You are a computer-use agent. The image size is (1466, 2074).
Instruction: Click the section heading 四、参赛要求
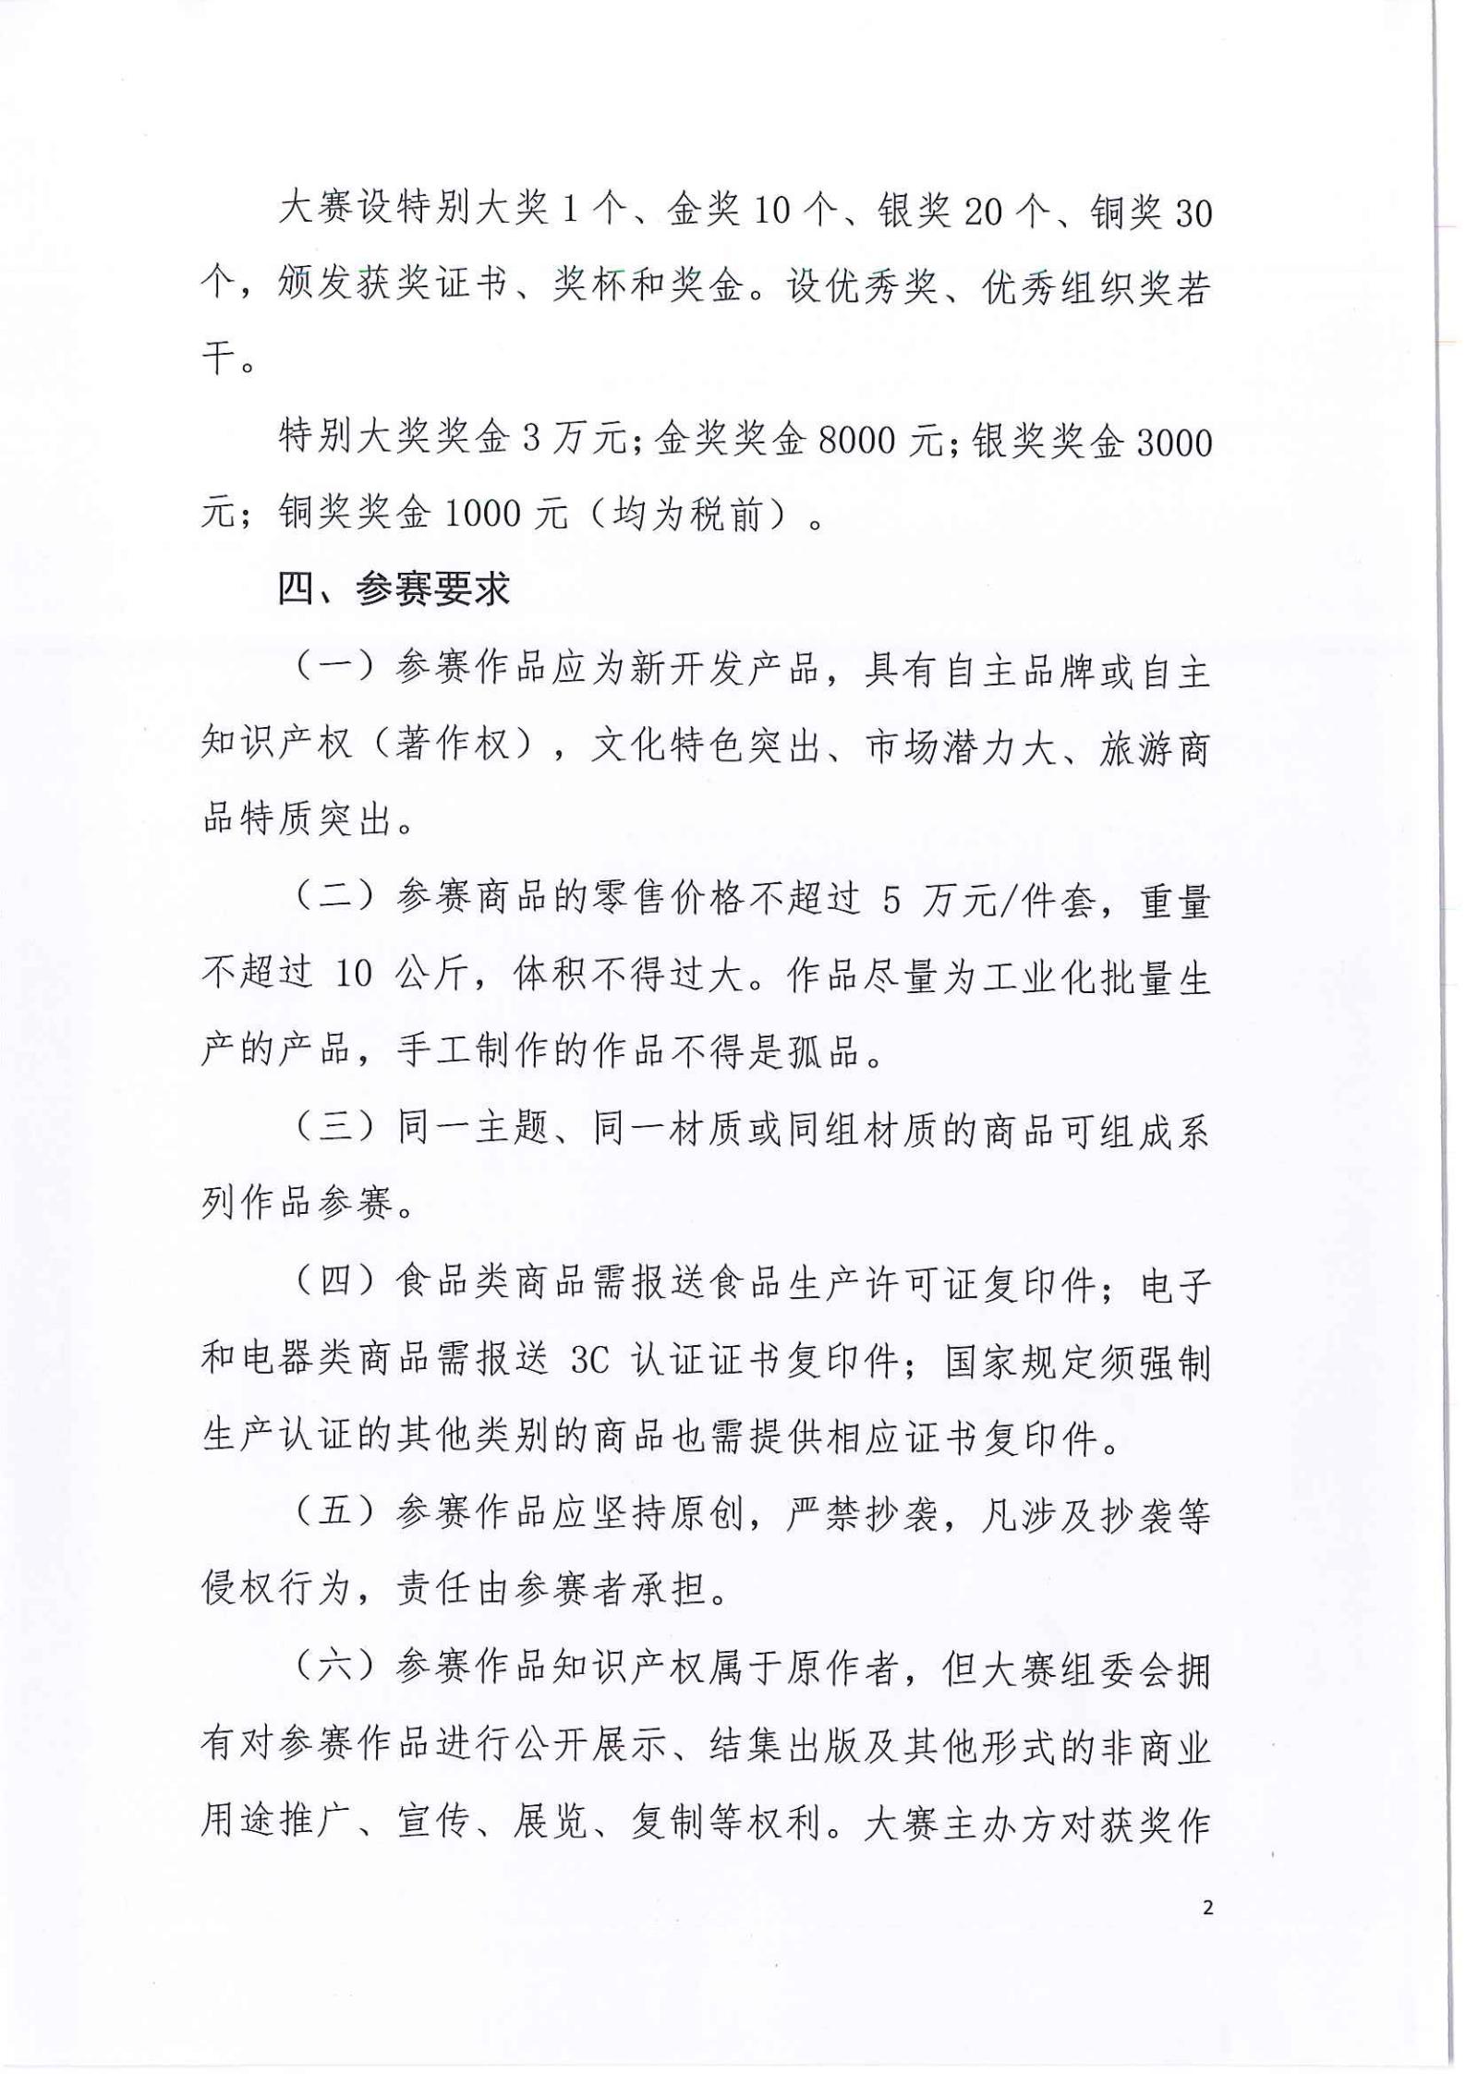394,589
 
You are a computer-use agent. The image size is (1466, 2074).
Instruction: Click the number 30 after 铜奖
1192,213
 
